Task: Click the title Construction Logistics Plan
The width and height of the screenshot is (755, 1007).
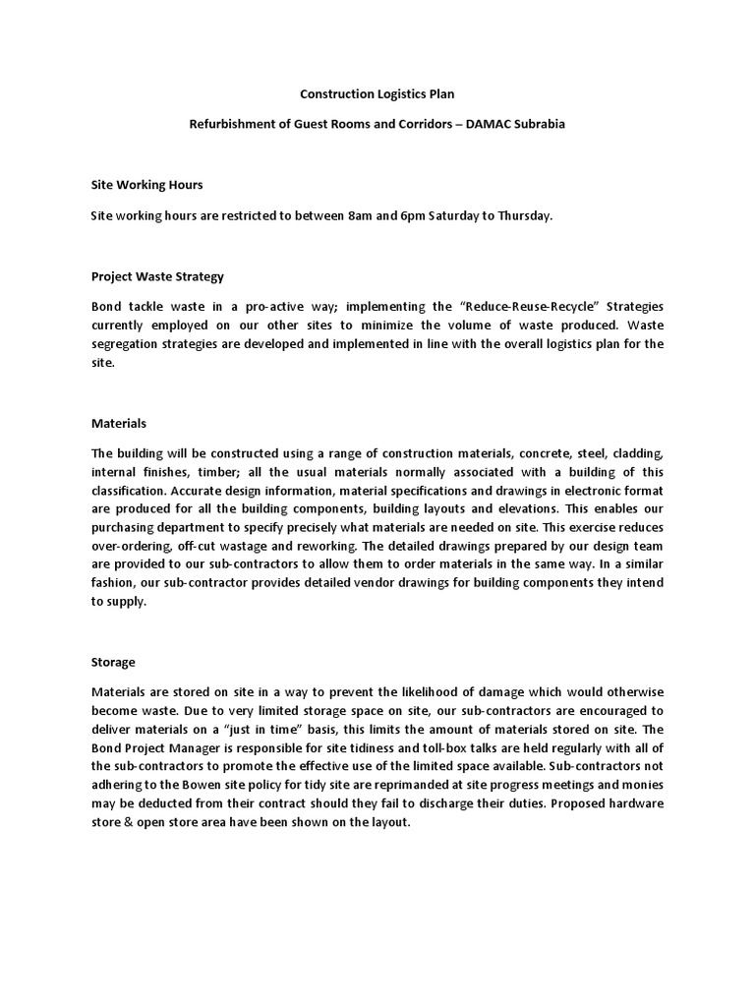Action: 377,94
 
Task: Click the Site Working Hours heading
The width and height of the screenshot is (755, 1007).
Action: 147,184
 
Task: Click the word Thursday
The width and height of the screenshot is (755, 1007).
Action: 527,215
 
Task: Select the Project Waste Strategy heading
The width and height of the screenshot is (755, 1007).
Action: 158,276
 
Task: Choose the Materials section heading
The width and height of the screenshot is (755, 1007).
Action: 119,423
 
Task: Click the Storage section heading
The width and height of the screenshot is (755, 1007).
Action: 113,663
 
